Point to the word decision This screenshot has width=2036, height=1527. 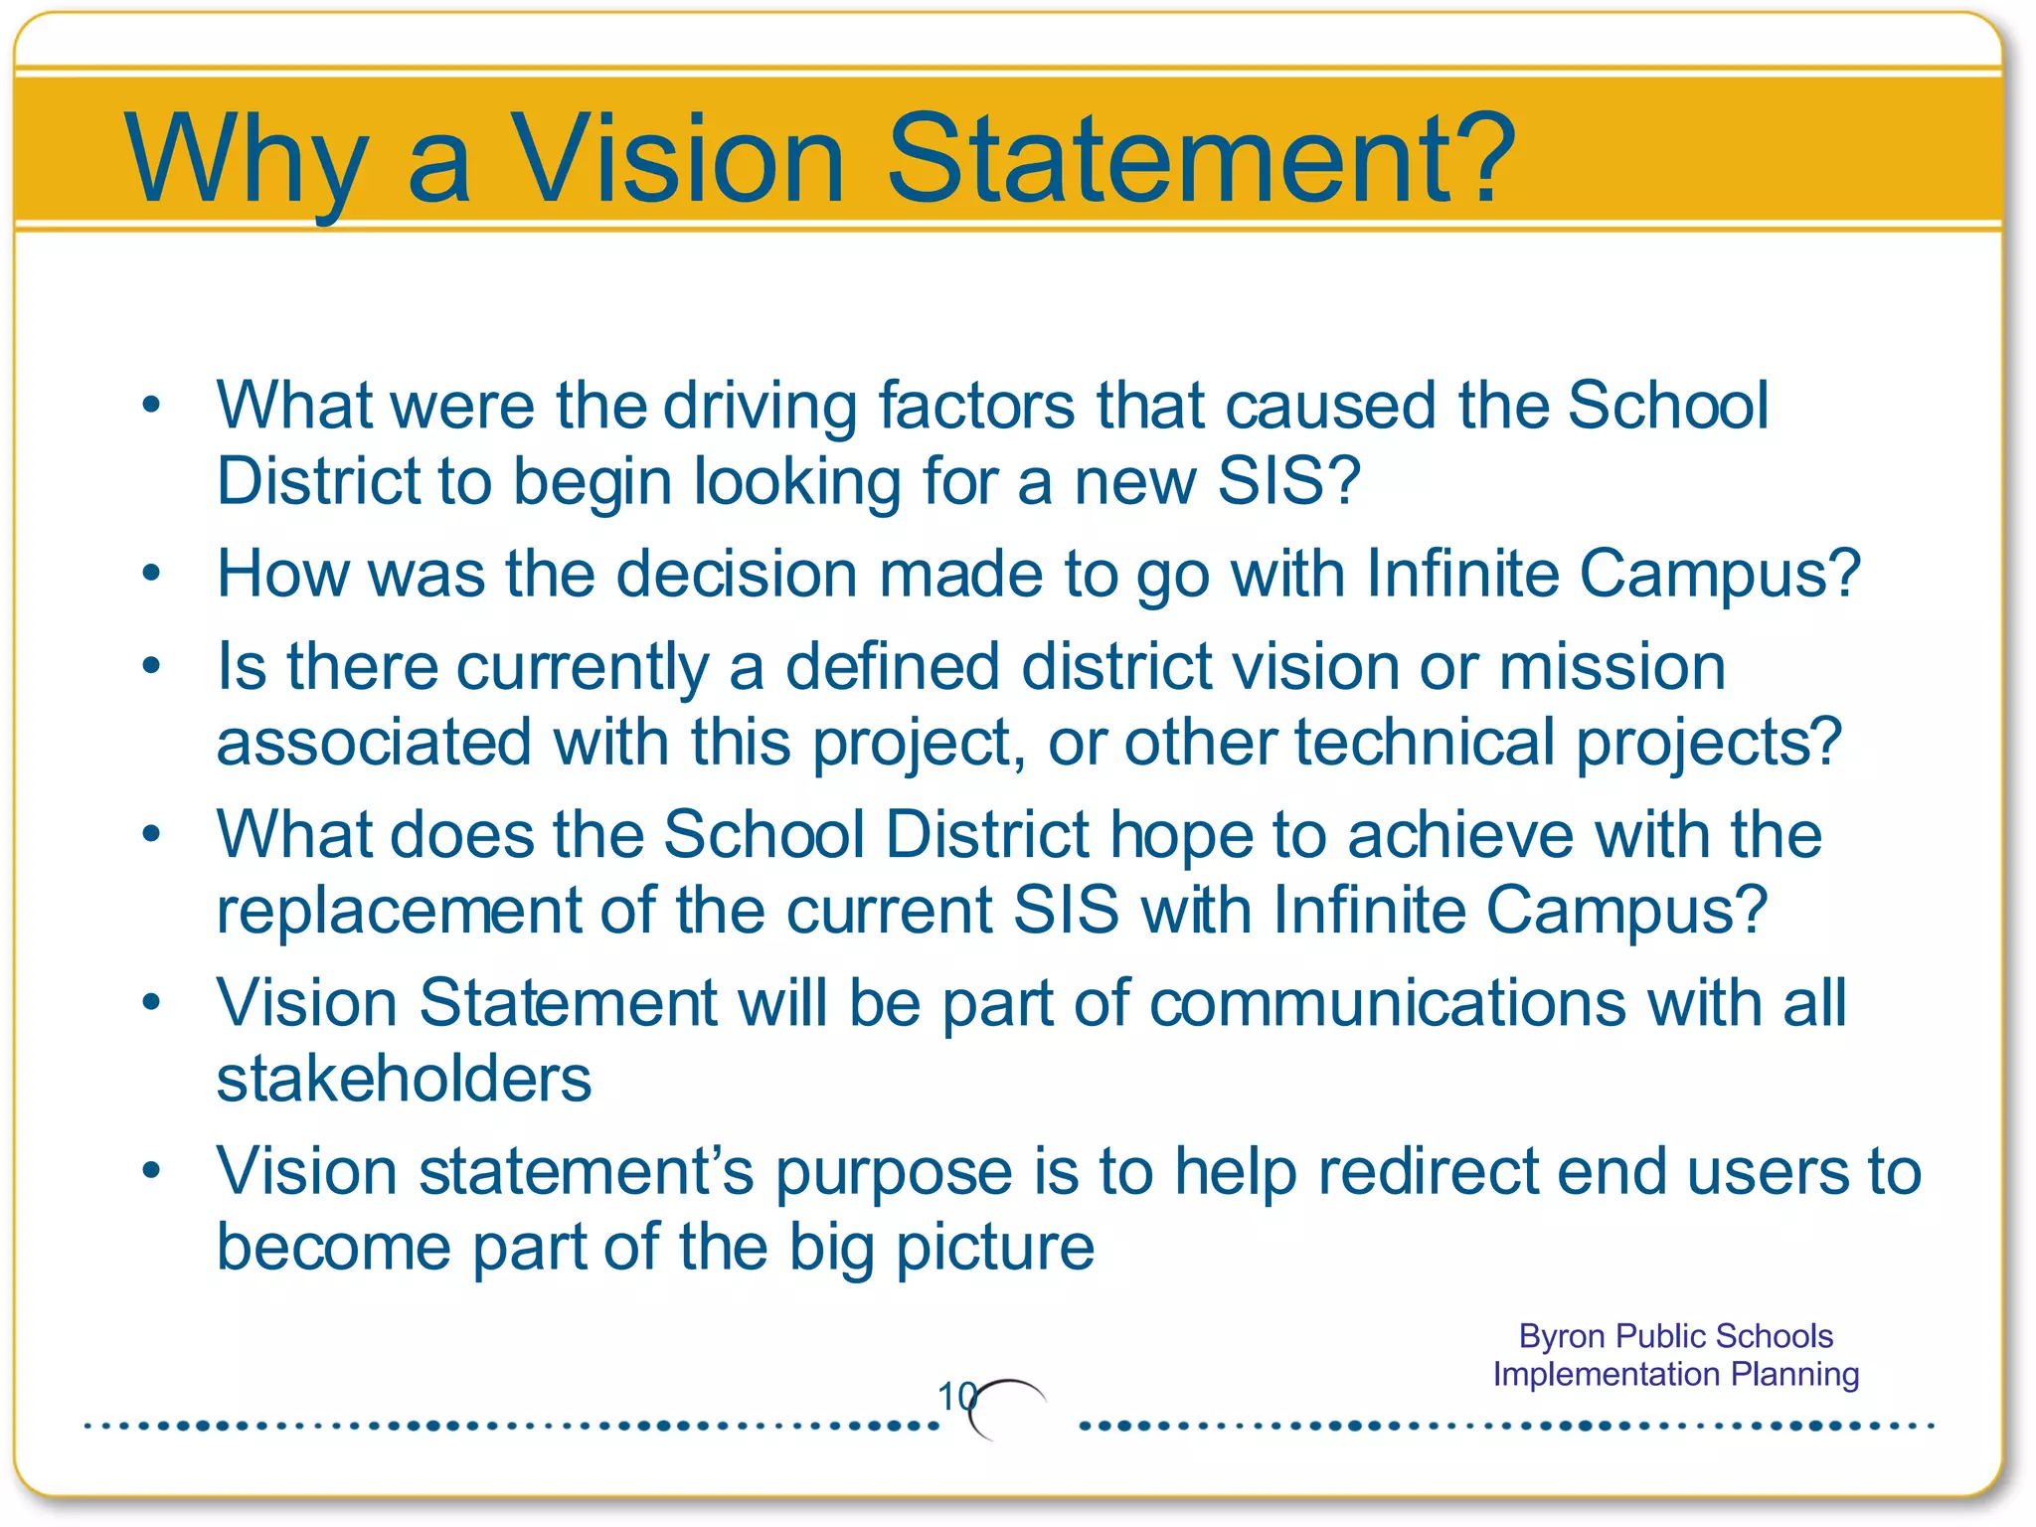coord(736,575)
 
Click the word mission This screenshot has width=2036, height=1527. coord(1612,667)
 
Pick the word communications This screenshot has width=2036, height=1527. coord(1388,1003)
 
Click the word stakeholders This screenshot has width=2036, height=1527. coord(404,1080)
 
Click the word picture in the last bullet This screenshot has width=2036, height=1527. coord(995,1248)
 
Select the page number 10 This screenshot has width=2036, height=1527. coord(956,1397)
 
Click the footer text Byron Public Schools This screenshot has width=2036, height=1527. coord(1675,1336)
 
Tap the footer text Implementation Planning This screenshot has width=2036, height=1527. coord(1675,1375)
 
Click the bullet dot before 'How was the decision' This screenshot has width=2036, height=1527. coord(151,573)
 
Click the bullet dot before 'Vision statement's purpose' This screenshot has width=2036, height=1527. coord(151,1170)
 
